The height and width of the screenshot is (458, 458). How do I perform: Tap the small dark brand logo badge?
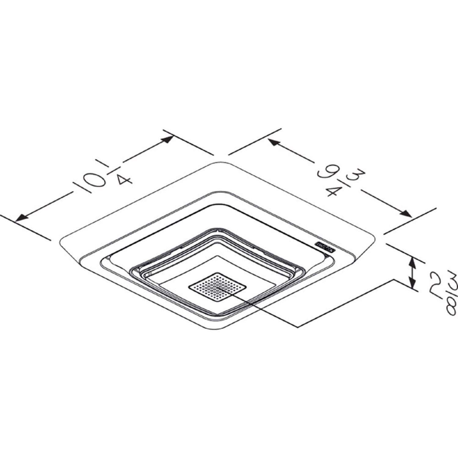325,246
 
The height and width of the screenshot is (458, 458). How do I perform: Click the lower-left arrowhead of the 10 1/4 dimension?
22,217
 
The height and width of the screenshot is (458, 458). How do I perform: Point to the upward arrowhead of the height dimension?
413,261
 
